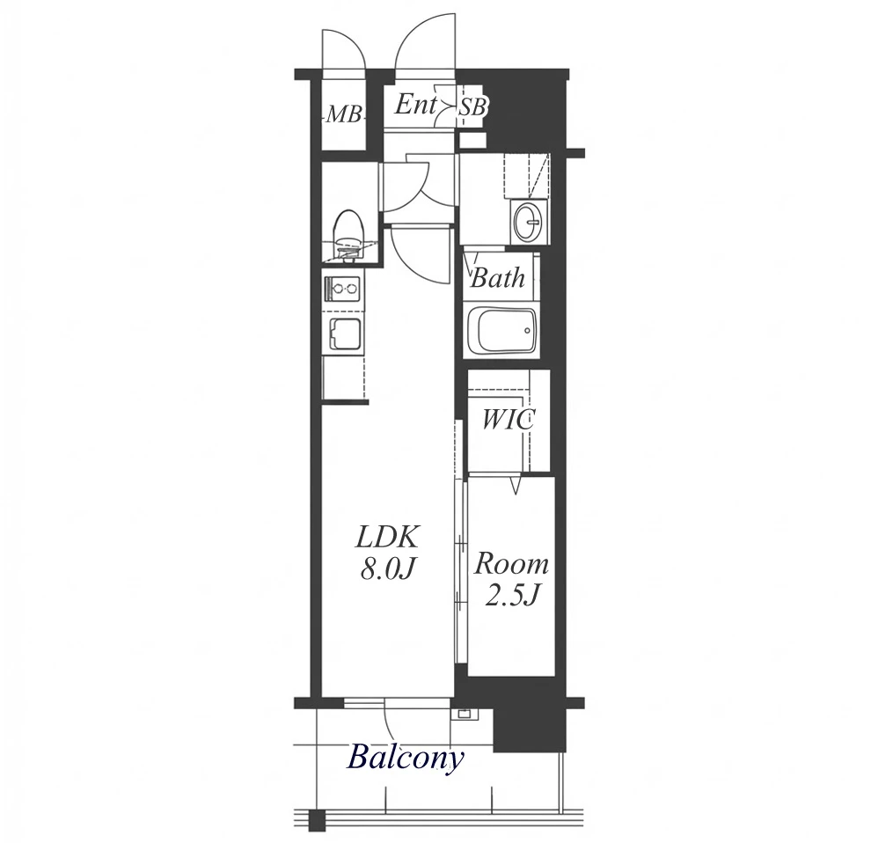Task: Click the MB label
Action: pyautogui.click(x=343, y=114)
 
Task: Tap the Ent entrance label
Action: pyautogui.click(x=415, y=105)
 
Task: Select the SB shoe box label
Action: pyautogui.click(x=472, y=107)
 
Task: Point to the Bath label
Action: pyautogui.click(x=498, y=278)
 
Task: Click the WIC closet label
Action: pyautogui.click(x=509, y=420)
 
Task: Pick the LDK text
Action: pyautogui.click(x=387, y=539)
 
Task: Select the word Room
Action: pyautogui.click(x=511, y=565)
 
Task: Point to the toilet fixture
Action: pyautogui.click(x=349, y=237)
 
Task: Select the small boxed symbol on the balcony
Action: pyautogui.click(x=465, y=714)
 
